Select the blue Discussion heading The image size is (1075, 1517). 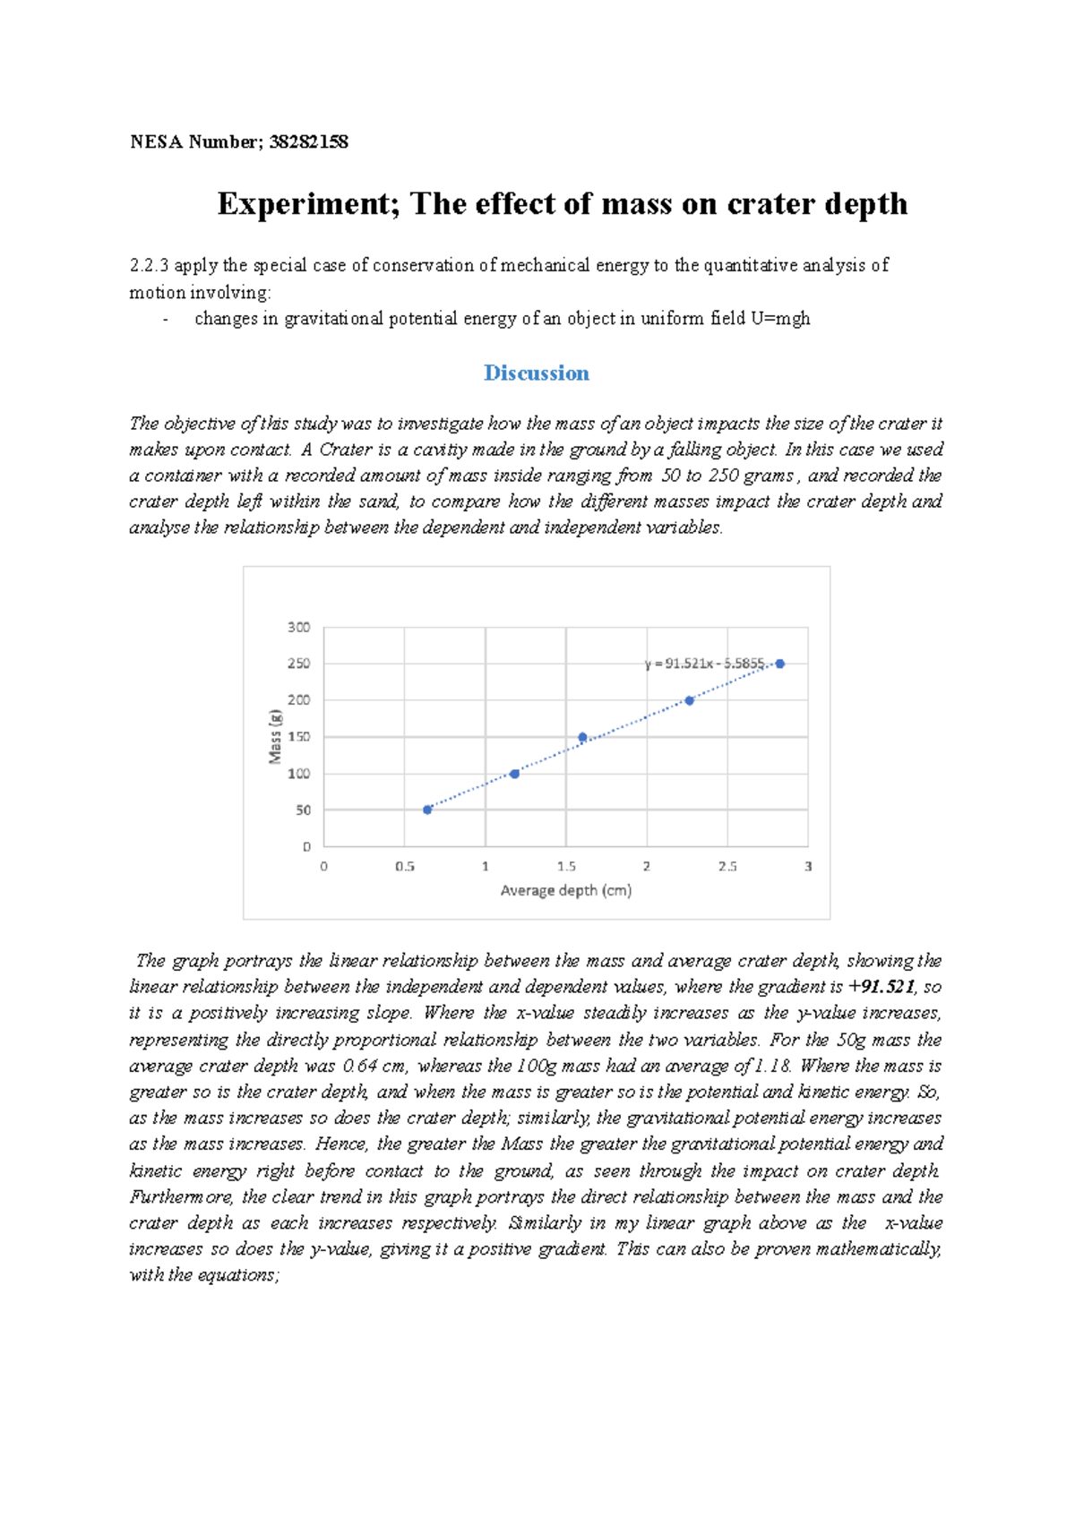click(536, 373)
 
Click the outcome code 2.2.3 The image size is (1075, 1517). click(149, 265)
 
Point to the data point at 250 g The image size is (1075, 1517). click(780, 664)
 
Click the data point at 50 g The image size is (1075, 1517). click(427, 810)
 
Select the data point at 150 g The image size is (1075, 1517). click(582, 737)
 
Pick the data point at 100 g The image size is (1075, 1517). click(514, 773)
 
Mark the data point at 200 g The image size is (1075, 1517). click(689, 700)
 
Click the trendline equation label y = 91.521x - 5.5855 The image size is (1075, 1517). click(704, 664)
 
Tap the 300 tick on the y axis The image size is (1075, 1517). click(298, 627)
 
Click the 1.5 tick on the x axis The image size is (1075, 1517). click(566, 866)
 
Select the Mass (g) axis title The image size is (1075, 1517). click(275, 736)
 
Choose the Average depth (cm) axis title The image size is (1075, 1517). click(565, 890)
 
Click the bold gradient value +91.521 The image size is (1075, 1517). click(881, 987)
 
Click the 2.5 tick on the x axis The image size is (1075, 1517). click(727, 866)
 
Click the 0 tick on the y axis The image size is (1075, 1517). click(306, 846)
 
